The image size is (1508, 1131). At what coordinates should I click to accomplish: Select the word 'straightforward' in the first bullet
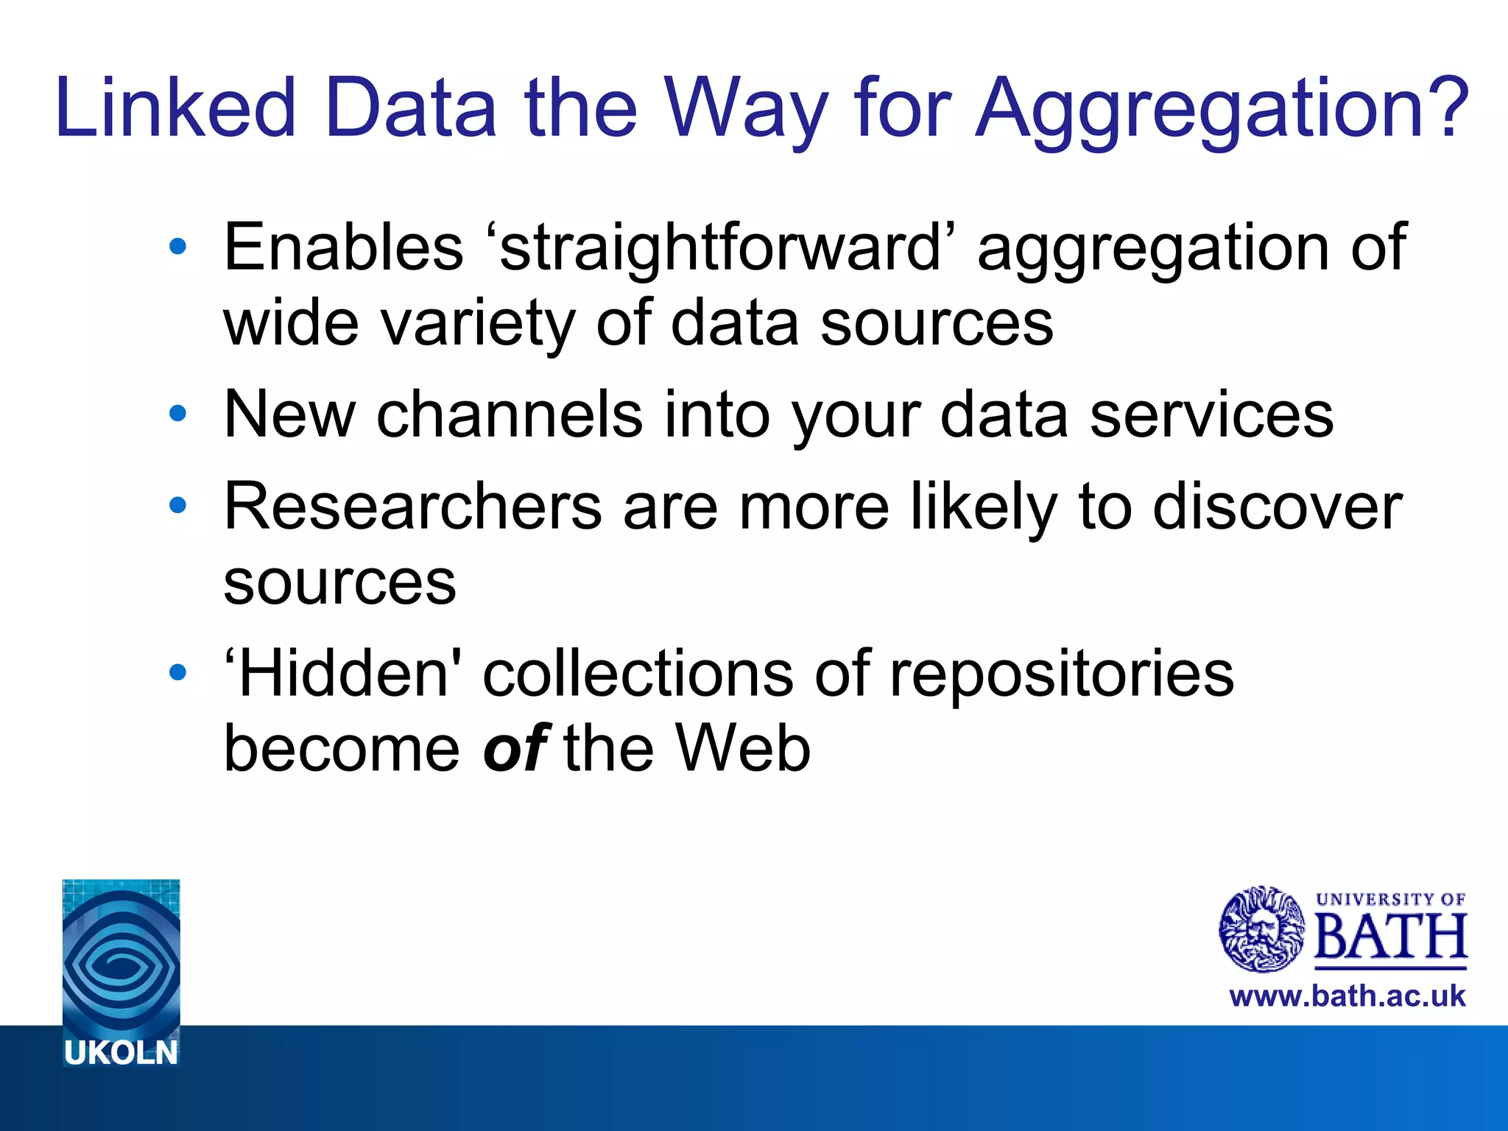pos(720,249)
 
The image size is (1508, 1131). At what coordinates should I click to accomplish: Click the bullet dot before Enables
pos(177,247)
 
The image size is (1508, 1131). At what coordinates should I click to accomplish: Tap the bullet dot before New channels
pos(177,414)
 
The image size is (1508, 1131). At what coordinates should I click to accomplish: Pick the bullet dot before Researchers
pos(177,506)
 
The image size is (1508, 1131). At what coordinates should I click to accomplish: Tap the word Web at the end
pos(744,748)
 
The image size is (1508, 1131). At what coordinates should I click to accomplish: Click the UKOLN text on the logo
pos(121,1053)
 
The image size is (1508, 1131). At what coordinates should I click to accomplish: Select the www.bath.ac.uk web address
pos(1347,996)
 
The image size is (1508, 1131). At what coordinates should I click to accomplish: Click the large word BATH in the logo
pos(1390,937)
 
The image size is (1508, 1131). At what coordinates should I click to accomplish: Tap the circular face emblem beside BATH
pos(1262,929)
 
